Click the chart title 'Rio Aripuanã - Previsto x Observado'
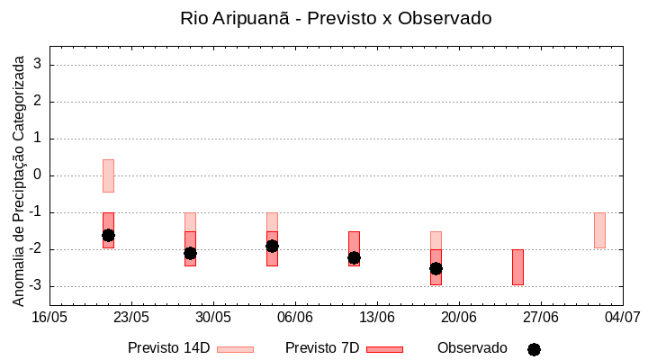[x=336, y=18]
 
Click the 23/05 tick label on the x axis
[x=131, y=317]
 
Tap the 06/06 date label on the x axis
[x=295, y=317]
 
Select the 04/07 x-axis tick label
[x=623, y=317]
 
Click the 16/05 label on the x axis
[x=49, y=317]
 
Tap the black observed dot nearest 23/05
[x=108, y=235]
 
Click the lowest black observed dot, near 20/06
[x=436, y=268]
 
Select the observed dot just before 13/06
[x=354, y=257]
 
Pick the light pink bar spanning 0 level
[x=108, y=175]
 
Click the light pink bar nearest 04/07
[x=599, y=230]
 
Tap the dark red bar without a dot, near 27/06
[x=517, y=267]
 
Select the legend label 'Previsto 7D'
[x=322, y=348]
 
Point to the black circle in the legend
[x=534, y=349]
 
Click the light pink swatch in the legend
[x=235, y=349]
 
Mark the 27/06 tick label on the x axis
[x=541, y=317]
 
